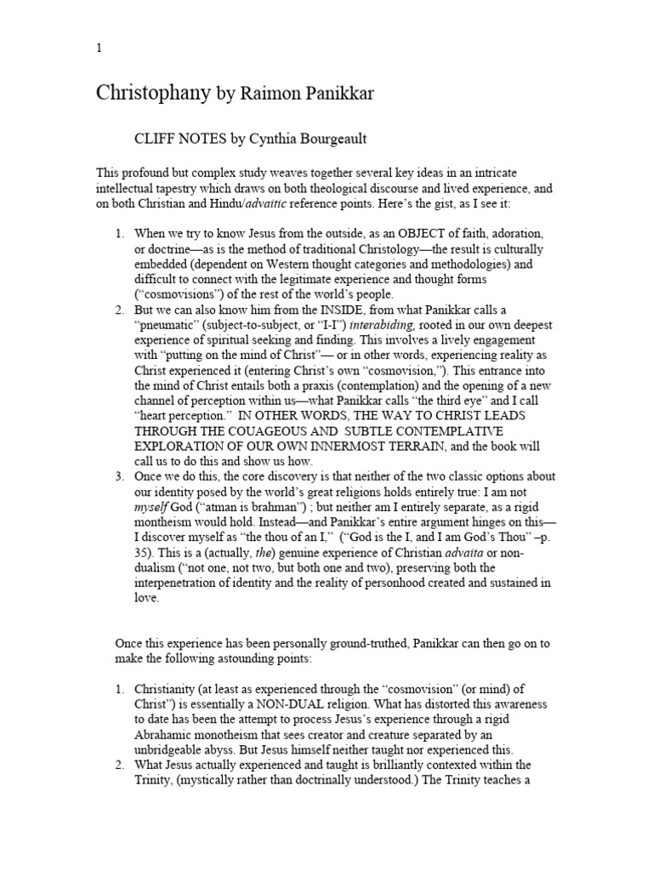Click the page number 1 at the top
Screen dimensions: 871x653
[x=99, y=48]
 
